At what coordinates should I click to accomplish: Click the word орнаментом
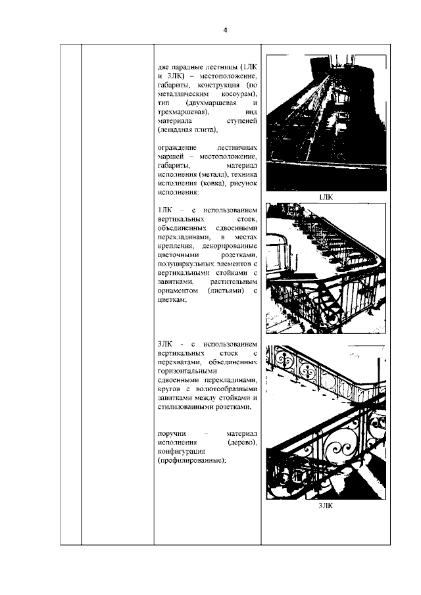click(x=180, y=291)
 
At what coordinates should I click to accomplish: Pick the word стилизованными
click(x=189, y=407)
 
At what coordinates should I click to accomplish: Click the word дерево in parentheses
click(x=241, y=444)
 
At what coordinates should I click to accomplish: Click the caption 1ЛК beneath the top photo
click(x=326, y=197)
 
